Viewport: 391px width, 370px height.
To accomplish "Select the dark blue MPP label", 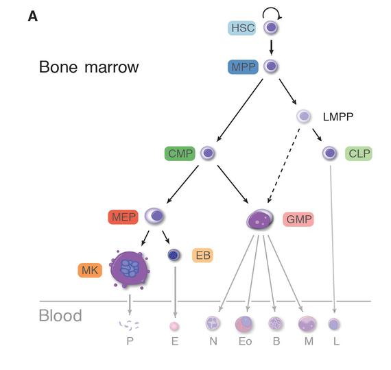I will coord(243,67).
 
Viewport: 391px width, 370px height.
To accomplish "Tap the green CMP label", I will coord(180,153).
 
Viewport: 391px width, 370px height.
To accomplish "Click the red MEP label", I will coord(123,217).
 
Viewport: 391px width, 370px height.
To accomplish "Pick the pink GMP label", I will coord(298,219).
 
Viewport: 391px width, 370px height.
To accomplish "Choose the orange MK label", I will coord(90,270).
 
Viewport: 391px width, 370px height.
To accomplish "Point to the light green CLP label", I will coord(359,153).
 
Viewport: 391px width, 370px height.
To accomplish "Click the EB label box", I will coord(202,256).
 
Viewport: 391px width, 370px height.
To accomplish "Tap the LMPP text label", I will coord(337,116).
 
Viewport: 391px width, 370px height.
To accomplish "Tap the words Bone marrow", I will coord(88,67).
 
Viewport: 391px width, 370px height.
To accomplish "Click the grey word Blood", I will coord(60,316).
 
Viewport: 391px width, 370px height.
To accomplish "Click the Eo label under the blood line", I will coord(244,341).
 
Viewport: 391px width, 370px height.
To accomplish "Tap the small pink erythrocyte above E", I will coord(174,326).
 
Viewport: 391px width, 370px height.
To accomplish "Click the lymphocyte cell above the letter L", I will coord(334,324).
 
